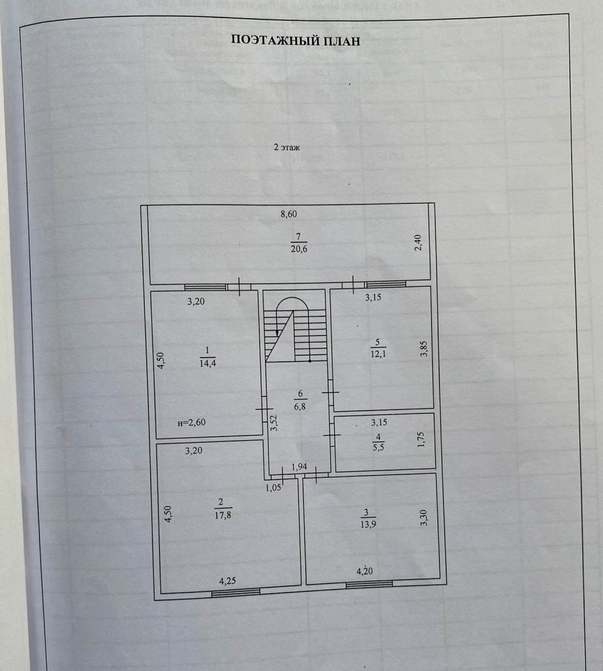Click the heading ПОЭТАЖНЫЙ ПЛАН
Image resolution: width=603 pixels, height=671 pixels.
296,41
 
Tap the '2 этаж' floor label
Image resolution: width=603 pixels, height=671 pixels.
286,147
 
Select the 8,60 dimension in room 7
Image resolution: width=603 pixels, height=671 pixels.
288,214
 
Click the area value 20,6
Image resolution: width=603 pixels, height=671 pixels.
299,249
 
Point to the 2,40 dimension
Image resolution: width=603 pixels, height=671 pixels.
419,243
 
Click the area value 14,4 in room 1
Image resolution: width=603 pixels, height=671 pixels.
208,363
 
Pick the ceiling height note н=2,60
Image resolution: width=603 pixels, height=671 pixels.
192,422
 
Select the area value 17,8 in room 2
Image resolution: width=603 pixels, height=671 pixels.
223,515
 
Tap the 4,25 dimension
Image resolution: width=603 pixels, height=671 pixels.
227,580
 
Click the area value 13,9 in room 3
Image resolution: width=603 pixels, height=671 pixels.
368,524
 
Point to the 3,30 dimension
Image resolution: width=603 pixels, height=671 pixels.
424,517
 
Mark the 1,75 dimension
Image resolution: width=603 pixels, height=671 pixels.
421,440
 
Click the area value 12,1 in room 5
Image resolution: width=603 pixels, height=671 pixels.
378,354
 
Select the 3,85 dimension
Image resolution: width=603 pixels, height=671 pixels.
423,348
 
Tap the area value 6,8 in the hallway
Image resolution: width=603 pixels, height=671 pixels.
300,407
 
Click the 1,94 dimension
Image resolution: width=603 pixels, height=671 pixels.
299,466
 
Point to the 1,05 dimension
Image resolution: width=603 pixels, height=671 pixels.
273,487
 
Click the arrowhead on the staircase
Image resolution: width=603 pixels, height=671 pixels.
277,333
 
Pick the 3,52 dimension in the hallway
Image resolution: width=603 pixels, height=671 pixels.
274,423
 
